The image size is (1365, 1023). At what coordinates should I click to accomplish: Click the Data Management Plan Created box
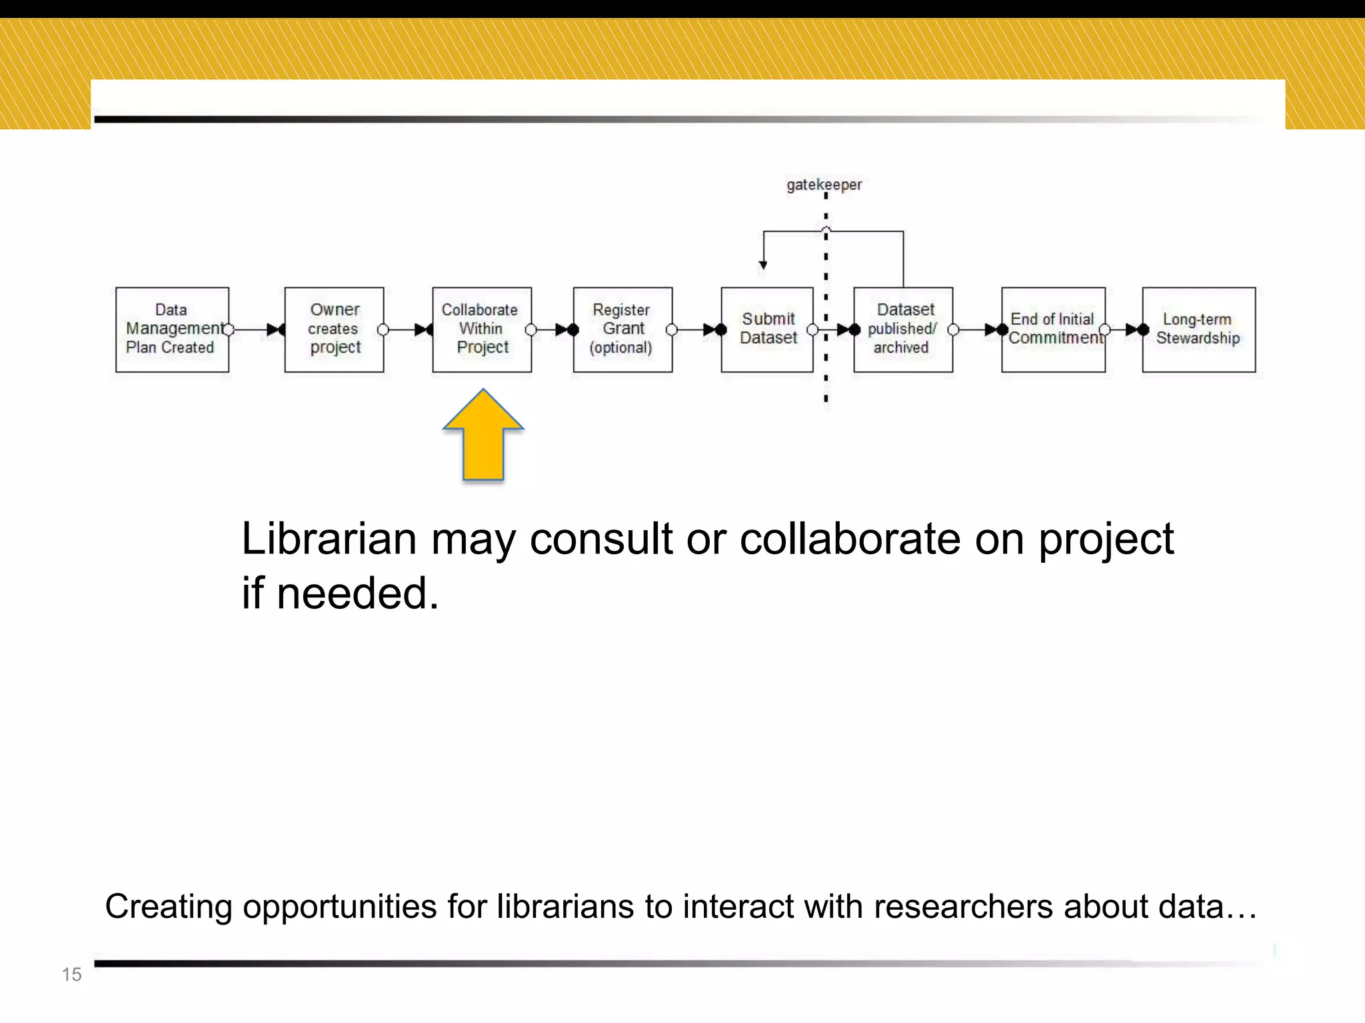tap(172, 329)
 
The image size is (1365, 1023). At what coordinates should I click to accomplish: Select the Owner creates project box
tap(334, 329)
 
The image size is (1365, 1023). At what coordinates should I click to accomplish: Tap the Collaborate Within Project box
tap(481, 329)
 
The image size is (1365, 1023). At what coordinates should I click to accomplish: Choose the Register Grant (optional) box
tap(623, 329)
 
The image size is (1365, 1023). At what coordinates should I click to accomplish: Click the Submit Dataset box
tap(766, 329)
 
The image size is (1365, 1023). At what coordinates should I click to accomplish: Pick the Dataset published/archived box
tap(902, 329)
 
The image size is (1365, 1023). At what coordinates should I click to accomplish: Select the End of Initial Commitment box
tap(1053, 329)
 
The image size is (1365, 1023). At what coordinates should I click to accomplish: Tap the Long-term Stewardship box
tap(1198, 329)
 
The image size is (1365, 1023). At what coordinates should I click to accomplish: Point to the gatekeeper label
tap(824, 184)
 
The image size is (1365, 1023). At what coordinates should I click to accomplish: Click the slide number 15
tap(71, 974)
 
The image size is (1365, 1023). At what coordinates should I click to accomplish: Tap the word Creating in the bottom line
tap(168, 906)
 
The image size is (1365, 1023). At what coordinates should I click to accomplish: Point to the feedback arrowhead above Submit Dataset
tap(763, 265)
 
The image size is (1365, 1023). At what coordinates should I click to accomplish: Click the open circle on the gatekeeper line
tap(826, 230)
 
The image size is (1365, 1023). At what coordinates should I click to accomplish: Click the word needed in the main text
tap(357, 593)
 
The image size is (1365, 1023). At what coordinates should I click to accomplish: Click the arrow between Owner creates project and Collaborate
tap(408, 330)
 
